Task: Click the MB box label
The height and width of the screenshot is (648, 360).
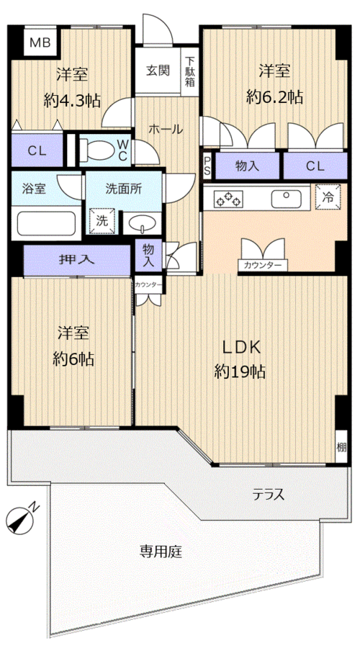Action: [40, 43]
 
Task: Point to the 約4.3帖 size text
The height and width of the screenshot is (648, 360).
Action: [72, 101]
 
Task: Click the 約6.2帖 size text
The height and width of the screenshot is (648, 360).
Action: [274, 96]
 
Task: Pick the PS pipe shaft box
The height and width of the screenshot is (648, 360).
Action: [207, 166]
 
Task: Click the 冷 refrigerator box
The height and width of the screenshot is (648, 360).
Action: [327, 197]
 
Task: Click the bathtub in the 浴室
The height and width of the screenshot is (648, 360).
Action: [47, 225]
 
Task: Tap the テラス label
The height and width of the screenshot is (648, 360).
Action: [268, 495]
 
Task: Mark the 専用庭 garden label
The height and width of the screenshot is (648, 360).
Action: [161, 552]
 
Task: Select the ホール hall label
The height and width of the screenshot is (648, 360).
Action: [166, 130]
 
